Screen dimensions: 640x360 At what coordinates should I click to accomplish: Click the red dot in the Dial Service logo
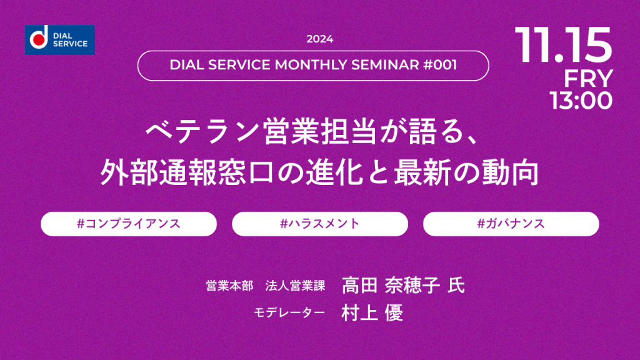[39, 40]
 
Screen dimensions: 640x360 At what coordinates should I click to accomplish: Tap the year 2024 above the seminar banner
[319, 39]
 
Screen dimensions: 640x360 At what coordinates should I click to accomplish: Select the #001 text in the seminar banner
[440, 65]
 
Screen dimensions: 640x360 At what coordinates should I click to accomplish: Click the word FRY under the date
[588, 78]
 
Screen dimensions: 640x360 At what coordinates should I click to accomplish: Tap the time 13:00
[581, 101]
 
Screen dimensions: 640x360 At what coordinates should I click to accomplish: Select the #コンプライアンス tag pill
[129, 224]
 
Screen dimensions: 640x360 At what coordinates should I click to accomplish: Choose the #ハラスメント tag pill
[319, 224]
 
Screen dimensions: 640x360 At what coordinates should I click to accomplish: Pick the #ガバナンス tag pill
[511, 224]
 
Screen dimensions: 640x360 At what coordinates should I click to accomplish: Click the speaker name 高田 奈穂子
[391, 285]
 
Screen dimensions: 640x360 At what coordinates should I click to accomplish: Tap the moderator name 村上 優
[372, 313]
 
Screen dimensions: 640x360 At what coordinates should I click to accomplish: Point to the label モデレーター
[289, 312]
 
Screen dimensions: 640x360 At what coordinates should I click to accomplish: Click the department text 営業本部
[229, 286]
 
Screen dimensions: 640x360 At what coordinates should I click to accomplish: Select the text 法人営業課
[295, 286]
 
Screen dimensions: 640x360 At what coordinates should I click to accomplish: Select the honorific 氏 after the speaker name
[456, 285]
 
